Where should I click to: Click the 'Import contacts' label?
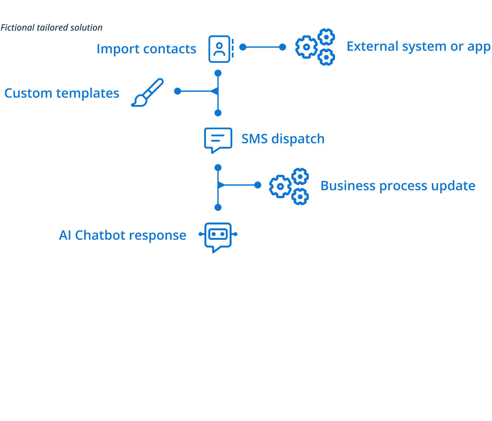(146, 49)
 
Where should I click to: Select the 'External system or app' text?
(419, 47)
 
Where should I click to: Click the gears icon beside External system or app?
(315, 47)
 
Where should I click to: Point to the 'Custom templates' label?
(62, 93)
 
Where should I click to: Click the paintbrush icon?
(147, 92)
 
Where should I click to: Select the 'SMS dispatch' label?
(283, 139)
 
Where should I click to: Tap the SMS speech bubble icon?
(218, 140)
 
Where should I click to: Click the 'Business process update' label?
(398, 186)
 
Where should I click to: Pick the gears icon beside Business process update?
(289, 186)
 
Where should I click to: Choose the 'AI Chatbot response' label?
(122, 236)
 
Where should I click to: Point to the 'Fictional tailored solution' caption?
(52, 28)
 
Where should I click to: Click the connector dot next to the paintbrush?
(178, 91)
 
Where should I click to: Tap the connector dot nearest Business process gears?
(258, 185)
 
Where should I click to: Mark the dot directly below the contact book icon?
(218, 73)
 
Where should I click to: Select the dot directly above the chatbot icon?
(218, 207)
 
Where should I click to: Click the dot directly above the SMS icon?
(218, 113)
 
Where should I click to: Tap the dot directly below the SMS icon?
(218, 168)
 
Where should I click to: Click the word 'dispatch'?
(298, 139)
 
